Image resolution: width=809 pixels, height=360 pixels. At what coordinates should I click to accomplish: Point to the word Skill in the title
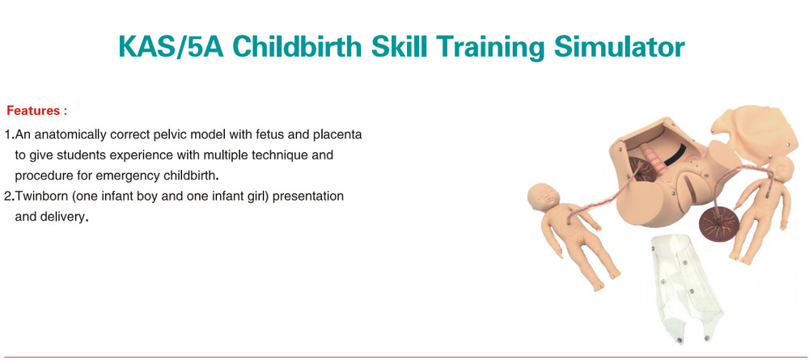[x=399, y=47]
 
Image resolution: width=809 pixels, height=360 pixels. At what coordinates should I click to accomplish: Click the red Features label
[x=36, y=109]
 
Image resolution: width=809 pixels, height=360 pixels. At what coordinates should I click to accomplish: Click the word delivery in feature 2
[x=65, y=217]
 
